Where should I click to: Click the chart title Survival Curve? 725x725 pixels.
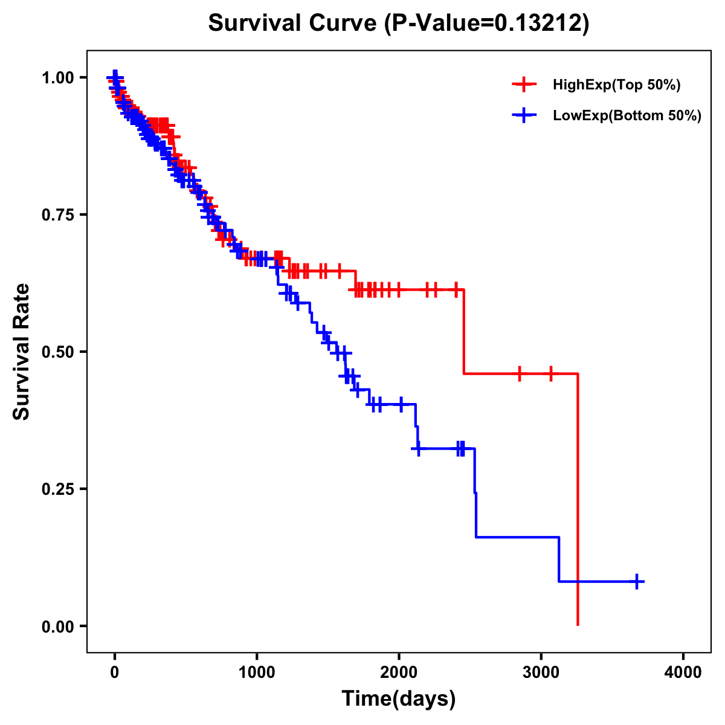[292, 23]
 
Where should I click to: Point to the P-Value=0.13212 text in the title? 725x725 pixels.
[488, 23]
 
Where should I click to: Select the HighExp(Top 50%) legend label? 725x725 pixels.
[616, 85]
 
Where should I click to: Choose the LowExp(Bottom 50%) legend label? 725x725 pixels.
[627, 115]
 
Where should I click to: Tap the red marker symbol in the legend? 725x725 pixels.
[524, 85]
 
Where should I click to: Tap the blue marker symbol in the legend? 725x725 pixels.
[524, 115]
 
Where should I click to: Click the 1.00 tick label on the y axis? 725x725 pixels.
[57, 77]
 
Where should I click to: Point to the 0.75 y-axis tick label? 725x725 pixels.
[57, 214]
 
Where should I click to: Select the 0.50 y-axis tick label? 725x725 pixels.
[57, 352]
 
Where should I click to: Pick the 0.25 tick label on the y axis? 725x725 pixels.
[57, 489]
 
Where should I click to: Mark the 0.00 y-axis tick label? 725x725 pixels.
[57, 626]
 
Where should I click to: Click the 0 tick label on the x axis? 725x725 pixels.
[115, 672]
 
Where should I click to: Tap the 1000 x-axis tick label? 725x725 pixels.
[257, 672]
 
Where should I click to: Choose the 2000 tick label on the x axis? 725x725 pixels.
[399, 672]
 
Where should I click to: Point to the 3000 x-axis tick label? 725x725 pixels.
[541, 672]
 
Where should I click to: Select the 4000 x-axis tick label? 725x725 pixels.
[683, 672]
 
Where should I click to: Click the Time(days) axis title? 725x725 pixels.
[399, 699]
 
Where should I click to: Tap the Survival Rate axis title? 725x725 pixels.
[22, 352]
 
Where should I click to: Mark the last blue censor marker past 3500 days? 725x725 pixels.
[636, 581]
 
